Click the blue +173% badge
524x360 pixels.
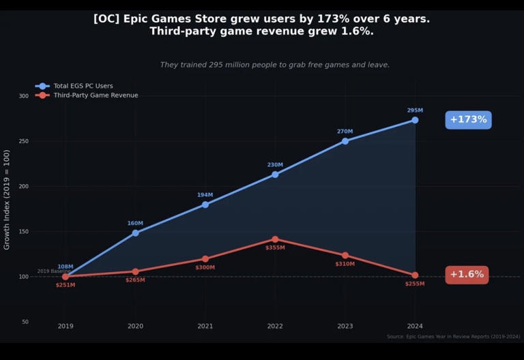click(x=468, y=120)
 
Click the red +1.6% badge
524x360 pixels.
click(x=467, y=275)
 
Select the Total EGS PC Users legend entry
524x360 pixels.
click(x=83, y=86)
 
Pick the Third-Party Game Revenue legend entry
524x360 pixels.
click(x=95, y=95)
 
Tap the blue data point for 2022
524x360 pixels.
click(x=275, y=175)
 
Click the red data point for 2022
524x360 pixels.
click(x=275, y=239)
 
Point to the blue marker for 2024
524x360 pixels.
click(x=415, y=120)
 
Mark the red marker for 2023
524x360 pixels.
click(x=345, y=256)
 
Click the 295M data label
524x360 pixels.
click(x=415, y=110)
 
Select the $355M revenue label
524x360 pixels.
click(x=275, y=248)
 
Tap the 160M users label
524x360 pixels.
click(x=135, y=224)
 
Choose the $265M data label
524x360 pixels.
click(x=135, y=280)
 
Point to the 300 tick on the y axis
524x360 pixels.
click(x=24, y=96)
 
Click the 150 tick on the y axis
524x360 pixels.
click(x=24, y=232)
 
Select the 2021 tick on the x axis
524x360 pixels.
click(x=205, y=327)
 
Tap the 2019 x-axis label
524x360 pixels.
click(x=65, y=327)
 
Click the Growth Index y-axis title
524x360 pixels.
click(x=8, y=200)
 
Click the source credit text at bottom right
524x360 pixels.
click(x=453, y=337)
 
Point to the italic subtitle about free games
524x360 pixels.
click(x=275, y=65)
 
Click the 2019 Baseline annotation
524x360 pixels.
click(x=54, y=271)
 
